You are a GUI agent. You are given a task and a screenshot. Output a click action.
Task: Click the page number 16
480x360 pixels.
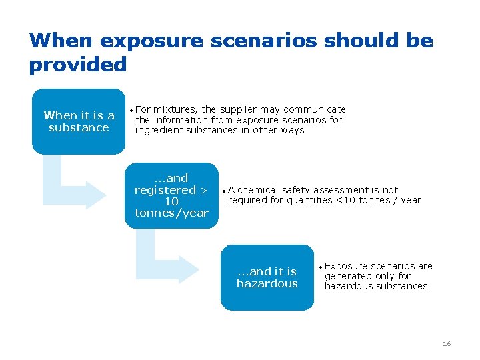(x=447, y=343)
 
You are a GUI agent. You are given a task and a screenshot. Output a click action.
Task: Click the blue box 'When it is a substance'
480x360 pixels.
(x=79, y=121)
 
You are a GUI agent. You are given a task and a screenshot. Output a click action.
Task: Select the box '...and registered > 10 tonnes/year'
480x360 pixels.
(x=171, y=195)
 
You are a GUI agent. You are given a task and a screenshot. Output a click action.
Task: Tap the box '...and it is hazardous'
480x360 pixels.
(x=267, y=277)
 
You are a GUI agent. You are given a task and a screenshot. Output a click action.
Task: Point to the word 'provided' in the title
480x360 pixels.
(x=77, y=65)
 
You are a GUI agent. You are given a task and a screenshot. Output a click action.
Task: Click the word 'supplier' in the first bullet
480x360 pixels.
(x=240, y=109)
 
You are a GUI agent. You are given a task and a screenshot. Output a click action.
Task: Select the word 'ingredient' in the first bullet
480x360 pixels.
(x=157, y=130)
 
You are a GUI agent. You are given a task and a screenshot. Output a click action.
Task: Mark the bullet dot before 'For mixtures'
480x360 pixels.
(x=132, y=110)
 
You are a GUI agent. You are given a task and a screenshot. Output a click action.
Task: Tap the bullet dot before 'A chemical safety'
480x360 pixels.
(x=225, y=191)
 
